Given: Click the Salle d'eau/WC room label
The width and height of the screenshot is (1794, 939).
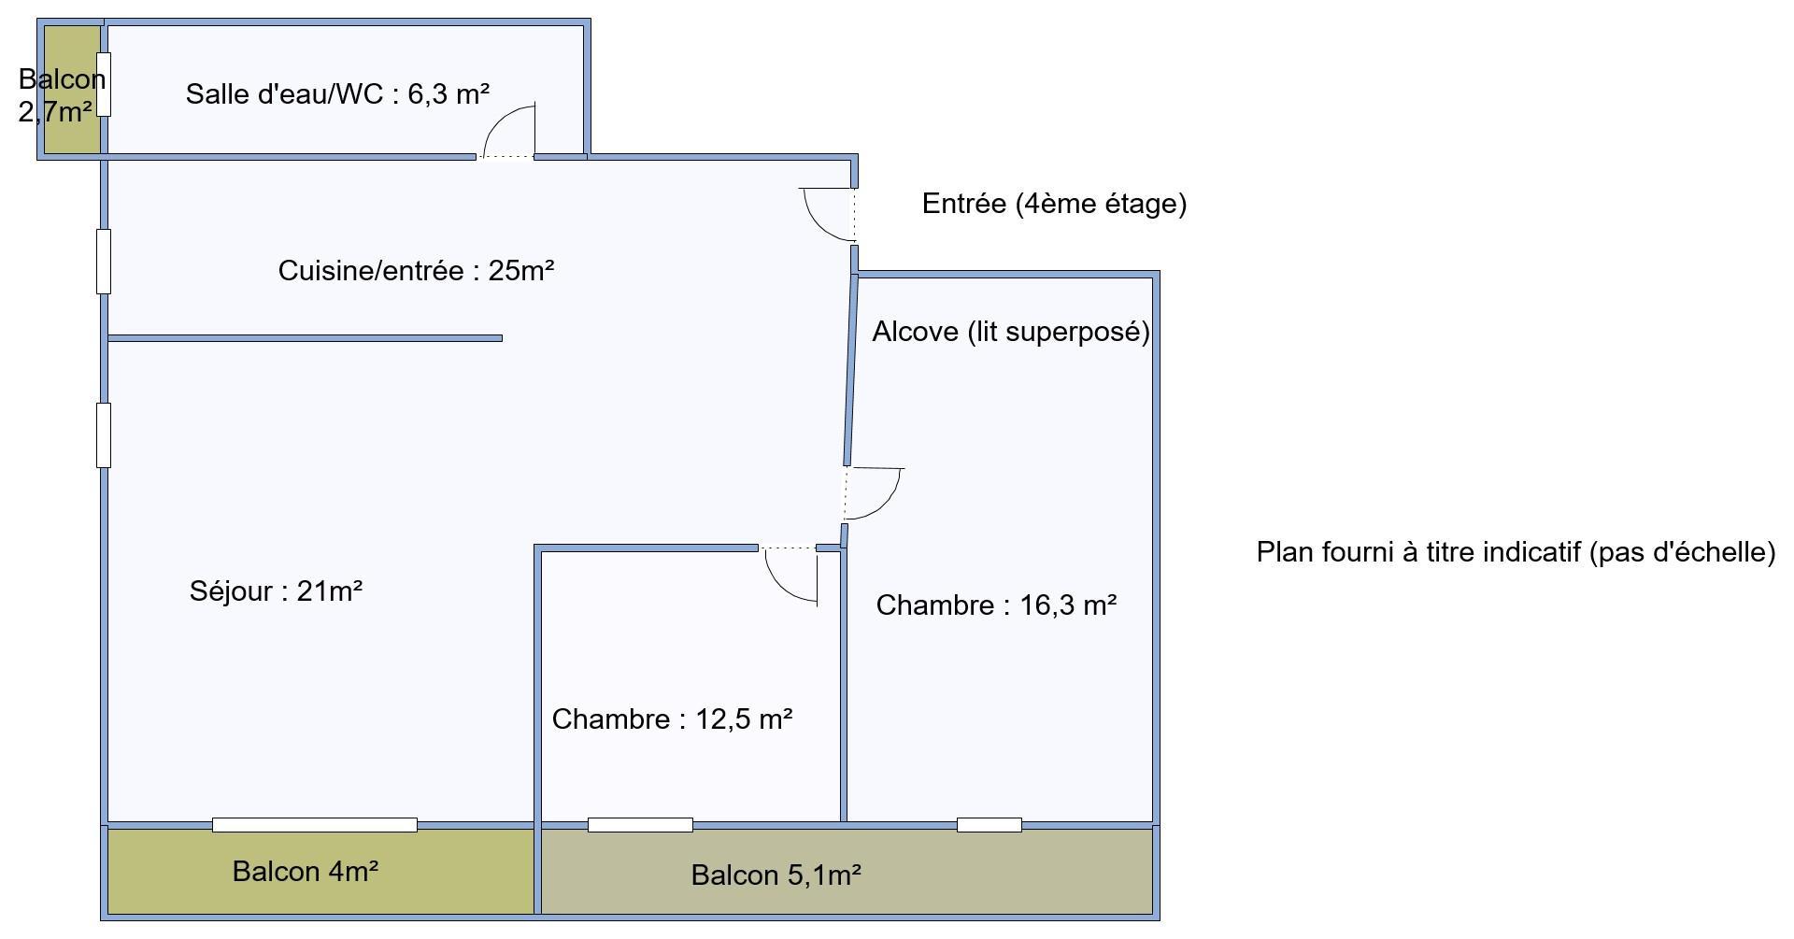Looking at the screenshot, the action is (337, 94).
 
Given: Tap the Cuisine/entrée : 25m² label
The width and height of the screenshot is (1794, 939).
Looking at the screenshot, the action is (417, 271).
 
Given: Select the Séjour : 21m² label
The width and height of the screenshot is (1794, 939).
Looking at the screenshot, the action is (276, 591).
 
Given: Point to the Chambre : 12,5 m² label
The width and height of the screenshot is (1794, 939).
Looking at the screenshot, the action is (672, 719).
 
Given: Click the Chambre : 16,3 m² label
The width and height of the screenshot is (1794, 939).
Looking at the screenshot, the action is (996, 605).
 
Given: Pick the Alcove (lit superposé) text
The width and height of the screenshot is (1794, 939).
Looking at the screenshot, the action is (1011, 332).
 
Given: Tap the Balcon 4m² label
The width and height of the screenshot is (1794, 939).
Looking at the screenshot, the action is (306, 872).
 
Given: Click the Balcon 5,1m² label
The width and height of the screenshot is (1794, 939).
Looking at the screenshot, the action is (776, 875).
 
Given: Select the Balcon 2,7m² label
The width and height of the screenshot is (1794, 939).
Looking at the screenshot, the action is (60, 95).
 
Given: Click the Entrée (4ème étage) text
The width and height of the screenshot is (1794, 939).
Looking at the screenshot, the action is (1054, 204).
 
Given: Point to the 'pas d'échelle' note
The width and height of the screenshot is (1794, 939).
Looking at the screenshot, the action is (1515, 552).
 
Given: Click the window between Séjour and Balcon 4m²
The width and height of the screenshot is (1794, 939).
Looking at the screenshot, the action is (315, 825).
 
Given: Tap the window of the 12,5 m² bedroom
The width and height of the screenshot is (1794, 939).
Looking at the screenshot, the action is (640, 825).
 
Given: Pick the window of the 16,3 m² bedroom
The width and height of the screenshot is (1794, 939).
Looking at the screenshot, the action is (990, 825).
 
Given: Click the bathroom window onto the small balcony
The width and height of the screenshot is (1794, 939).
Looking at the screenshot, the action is (104, 85).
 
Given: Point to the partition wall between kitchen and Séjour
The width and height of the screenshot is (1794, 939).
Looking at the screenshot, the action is (305, 338).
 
